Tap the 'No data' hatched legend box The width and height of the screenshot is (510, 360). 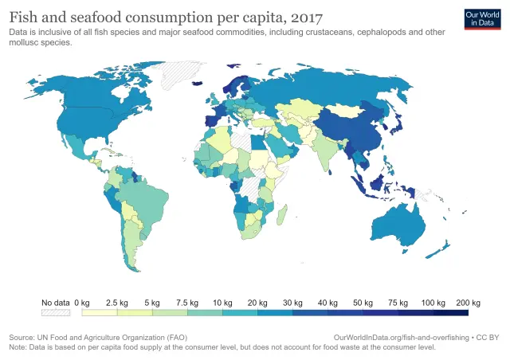tap(56, 315)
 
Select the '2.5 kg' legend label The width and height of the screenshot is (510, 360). tap(118, 303)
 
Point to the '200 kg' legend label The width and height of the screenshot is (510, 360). tap(469, 303)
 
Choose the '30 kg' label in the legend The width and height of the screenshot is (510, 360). tap(293, 303)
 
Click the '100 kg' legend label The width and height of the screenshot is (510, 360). tap(433, 303)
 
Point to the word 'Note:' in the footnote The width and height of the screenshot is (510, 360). tap(18, 347)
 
